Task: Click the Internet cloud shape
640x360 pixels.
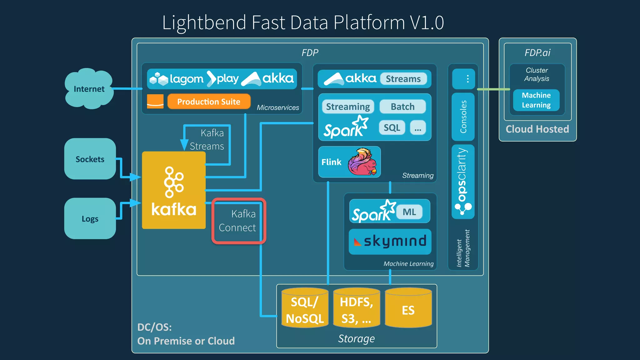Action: (89, 89)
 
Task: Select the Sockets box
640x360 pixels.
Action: (90, 159)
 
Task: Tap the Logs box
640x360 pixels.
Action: (90, 218)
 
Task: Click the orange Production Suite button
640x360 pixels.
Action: (209, 102)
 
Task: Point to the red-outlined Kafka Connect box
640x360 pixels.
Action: (239, 221)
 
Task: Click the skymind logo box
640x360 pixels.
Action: (390, 241)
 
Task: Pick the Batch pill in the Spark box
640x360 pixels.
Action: (402, 107)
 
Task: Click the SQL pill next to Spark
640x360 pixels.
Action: (392, 127)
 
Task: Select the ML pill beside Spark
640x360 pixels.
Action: (409, 212)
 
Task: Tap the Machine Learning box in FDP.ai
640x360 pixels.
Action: (536, 100)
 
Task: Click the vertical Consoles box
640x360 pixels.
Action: (463, 117)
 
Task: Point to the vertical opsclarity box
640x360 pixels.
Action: (463, 181)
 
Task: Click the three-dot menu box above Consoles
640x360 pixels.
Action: (464, 79)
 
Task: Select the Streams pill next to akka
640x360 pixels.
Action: (403, 79)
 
